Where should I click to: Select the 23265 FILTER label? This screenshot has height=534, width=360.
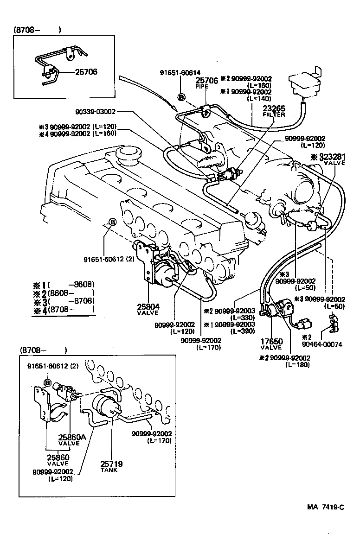point(274,111)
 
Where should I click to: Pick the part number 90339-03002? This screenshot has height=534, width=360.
point(95,111)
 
